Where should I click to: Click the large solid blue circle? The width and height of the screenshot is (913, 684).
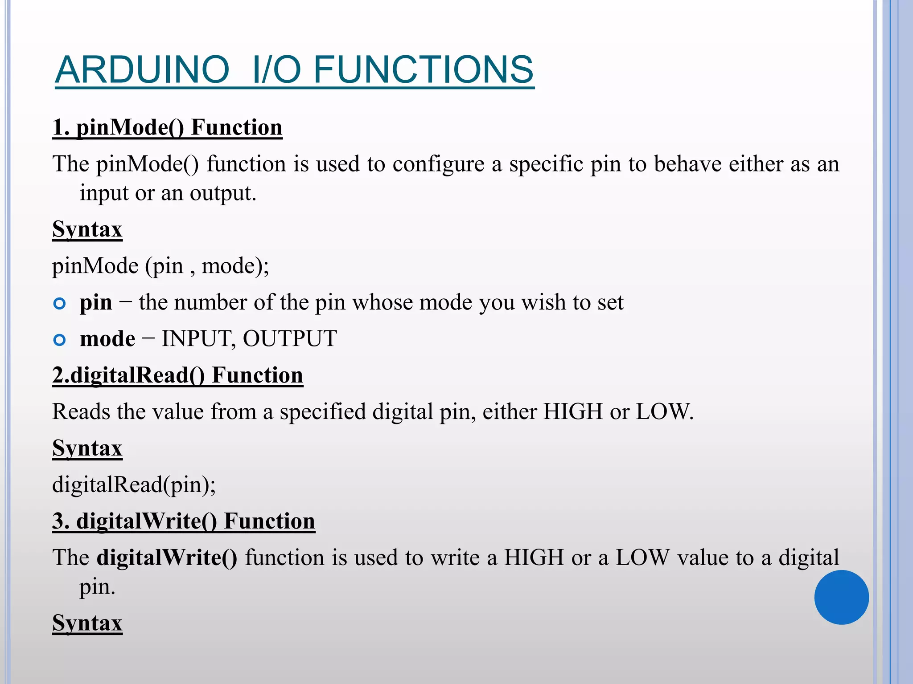tap(841, 597)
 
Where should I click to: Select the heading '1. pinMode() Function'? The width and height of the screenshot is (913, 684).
tap(167, 128)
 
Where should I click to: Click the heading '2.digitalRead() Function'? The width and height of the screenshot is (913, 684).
tap(177, 375)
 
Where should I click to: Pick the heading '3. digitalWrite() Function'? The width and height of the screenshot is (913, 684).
tap(183, 521)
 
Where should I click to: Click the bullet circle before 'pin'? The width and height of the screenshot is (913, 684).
tap(59, 304)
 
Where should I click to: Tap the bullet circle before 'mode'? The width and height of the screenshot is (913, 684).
tap(59, 341)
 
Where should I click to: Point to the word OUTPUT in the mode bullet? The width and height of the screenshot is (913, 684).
tap(290, 339)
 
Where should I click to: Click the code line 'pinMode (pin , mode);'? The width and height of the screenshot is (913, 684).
tap(160, 266)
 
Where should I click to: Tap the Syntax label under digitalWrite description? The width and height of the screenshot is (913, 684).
tap(87, 623)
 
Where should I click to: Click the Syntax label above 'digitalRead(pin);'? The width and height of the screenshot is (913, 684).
tap(87, 448)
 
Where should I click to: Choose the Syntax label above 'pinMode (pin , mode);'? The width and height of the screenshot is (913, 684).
tap(87, 230)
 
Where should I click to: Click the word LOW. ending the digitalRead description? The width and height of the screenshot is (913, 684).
tap(664, 412)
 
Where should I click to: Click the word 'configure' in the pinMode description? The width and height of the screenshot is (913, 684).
tap(438, 164)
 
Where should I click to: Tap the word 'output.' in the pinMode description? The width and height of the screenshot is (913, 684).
tap(223, 193)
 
